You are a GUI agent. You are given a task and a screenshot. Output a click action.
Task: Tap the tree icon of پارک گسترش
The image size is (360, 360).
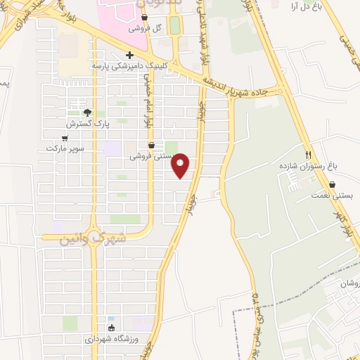pyautogui.click(x=87, y=112)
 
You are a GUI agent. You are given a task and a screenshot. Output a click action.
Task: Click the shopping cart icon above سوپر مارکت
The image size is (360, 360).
pyautogui.click(x=65, y=138)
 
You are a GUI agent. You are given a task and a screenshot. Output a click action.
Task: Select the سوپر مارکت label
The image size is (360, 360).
pyautogui.click(x=65, y=148)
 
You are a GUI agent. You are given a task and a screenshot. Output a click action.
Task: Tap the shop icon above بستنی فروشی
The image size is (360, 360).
pyautogui.click(x=152, y=146)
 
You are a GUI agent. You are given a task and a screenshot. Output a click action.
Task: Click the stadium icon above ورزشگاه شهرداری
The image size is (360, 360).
pyautogui.click(x=111, y=328)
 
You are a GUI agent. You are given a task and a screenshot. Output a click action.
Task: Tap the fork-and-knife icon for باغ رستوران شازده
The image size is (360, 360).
pyautogui.click(x=308, y=155)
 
